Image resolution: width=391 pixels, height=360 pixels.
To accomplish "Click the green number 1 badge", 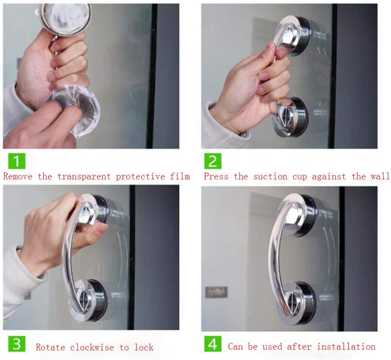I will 16,161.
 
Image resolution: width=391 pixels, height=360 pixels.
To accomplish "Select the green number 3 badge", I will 16,343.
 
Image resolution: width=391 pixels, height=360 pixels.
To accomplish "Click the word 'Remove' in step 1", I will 18,176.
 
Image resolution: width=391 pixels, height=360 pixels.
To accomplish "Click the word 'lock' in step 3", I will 144,347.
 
